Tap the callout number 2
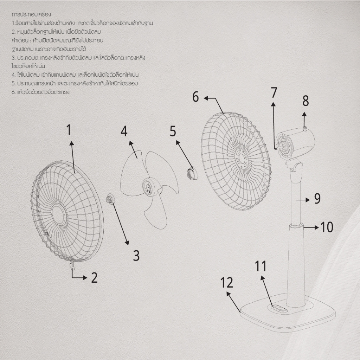(94, 278)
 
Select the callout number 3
(136, 255)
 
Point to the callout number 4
(124, 131)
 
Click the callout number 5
(173, 131)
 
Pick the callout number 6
(195, 97)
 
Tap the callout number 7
(274, 92)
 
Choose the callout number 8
(306, 101)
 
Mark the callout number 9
(317, 199)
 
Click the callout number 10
(327, 227)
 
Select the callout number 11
(261, 266)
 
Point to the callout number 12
(227, 282)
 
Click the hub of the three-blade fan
(149, 186)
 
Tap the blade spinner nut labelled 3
(110, 199)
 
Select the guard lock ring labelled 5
(192, 173)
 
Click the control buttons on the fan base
(279, 309)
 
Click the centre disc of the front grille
(59, 215)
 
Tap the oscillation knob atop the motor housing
(305, 128)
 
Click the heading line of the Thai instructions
(31, 14)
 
